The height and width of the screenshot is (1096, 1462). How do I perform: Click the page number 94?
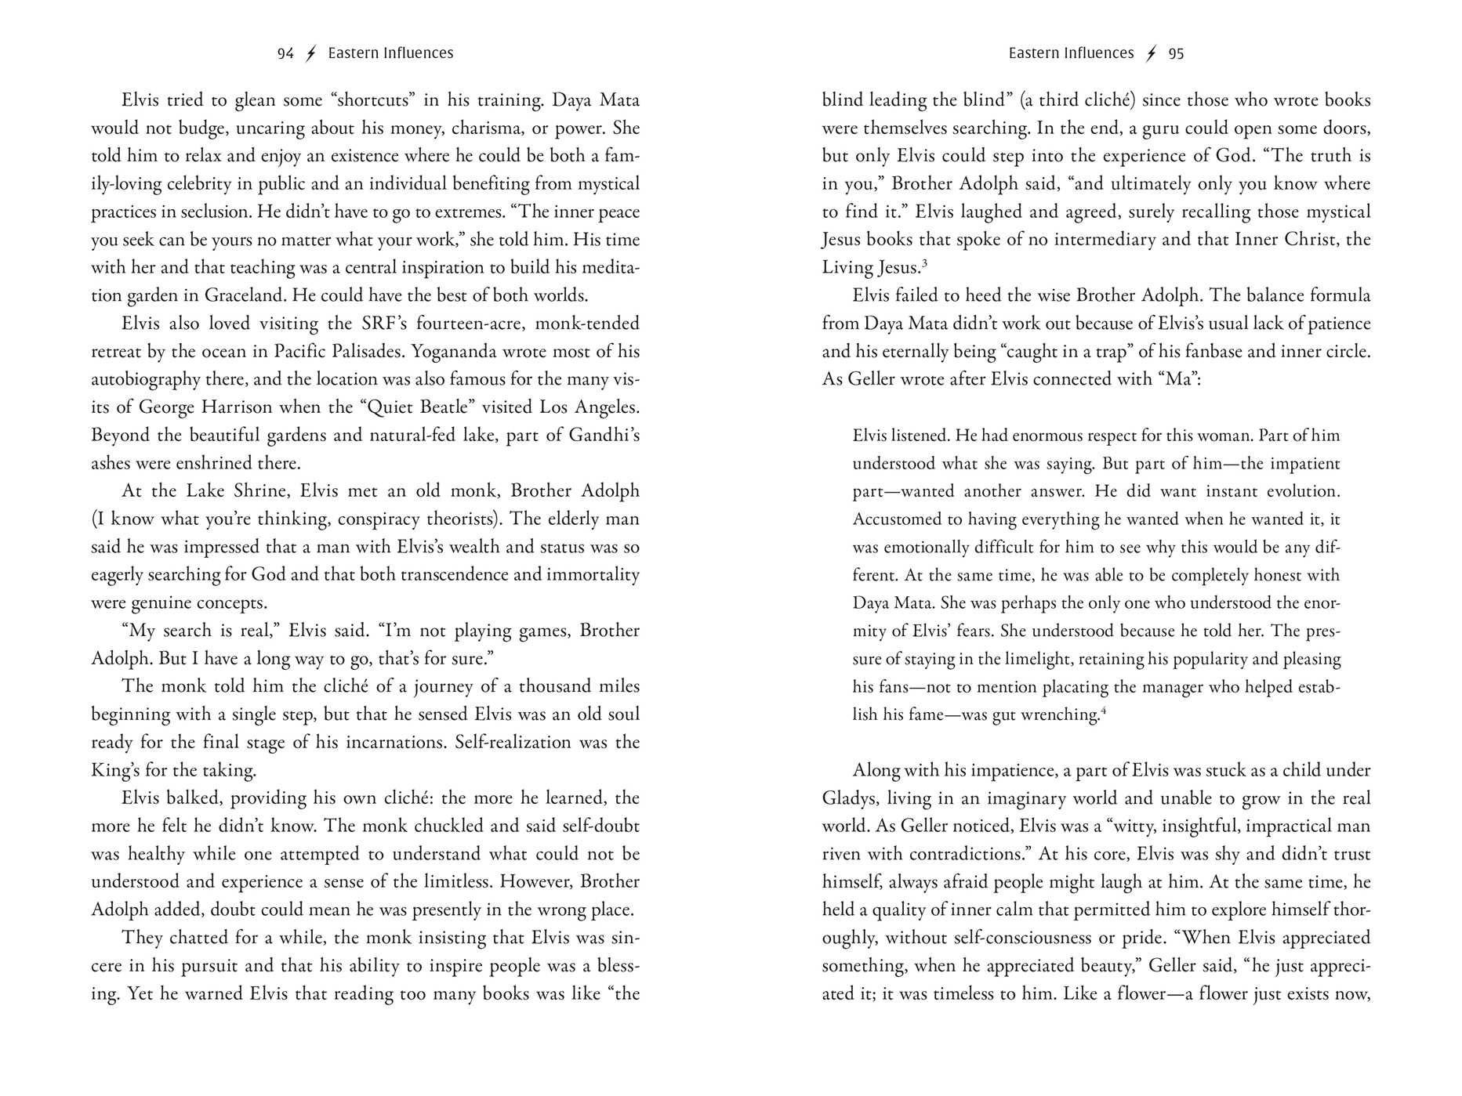(x=285, y=53)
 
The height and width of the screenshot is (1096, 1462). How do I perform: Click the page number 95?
(x=1176, y=53)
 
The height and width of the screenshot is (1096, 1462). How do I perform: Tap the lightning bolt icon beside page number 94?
(x=311, y=53)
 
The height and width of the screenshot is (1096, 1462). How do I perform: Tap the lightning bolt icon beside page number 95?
(x=1151, y=53)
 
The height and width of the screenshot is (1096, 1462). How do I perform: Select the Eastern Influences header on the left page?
(x=390, y=53)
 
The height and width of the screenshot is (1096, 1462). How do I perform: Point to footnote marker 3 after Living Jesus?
(x=925, y=263)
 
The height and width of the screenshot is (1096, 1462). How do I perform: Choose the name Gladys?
(x=851, y=798)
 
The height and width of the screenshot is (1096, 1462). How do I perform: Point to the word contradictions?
(x=962, y=854)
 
